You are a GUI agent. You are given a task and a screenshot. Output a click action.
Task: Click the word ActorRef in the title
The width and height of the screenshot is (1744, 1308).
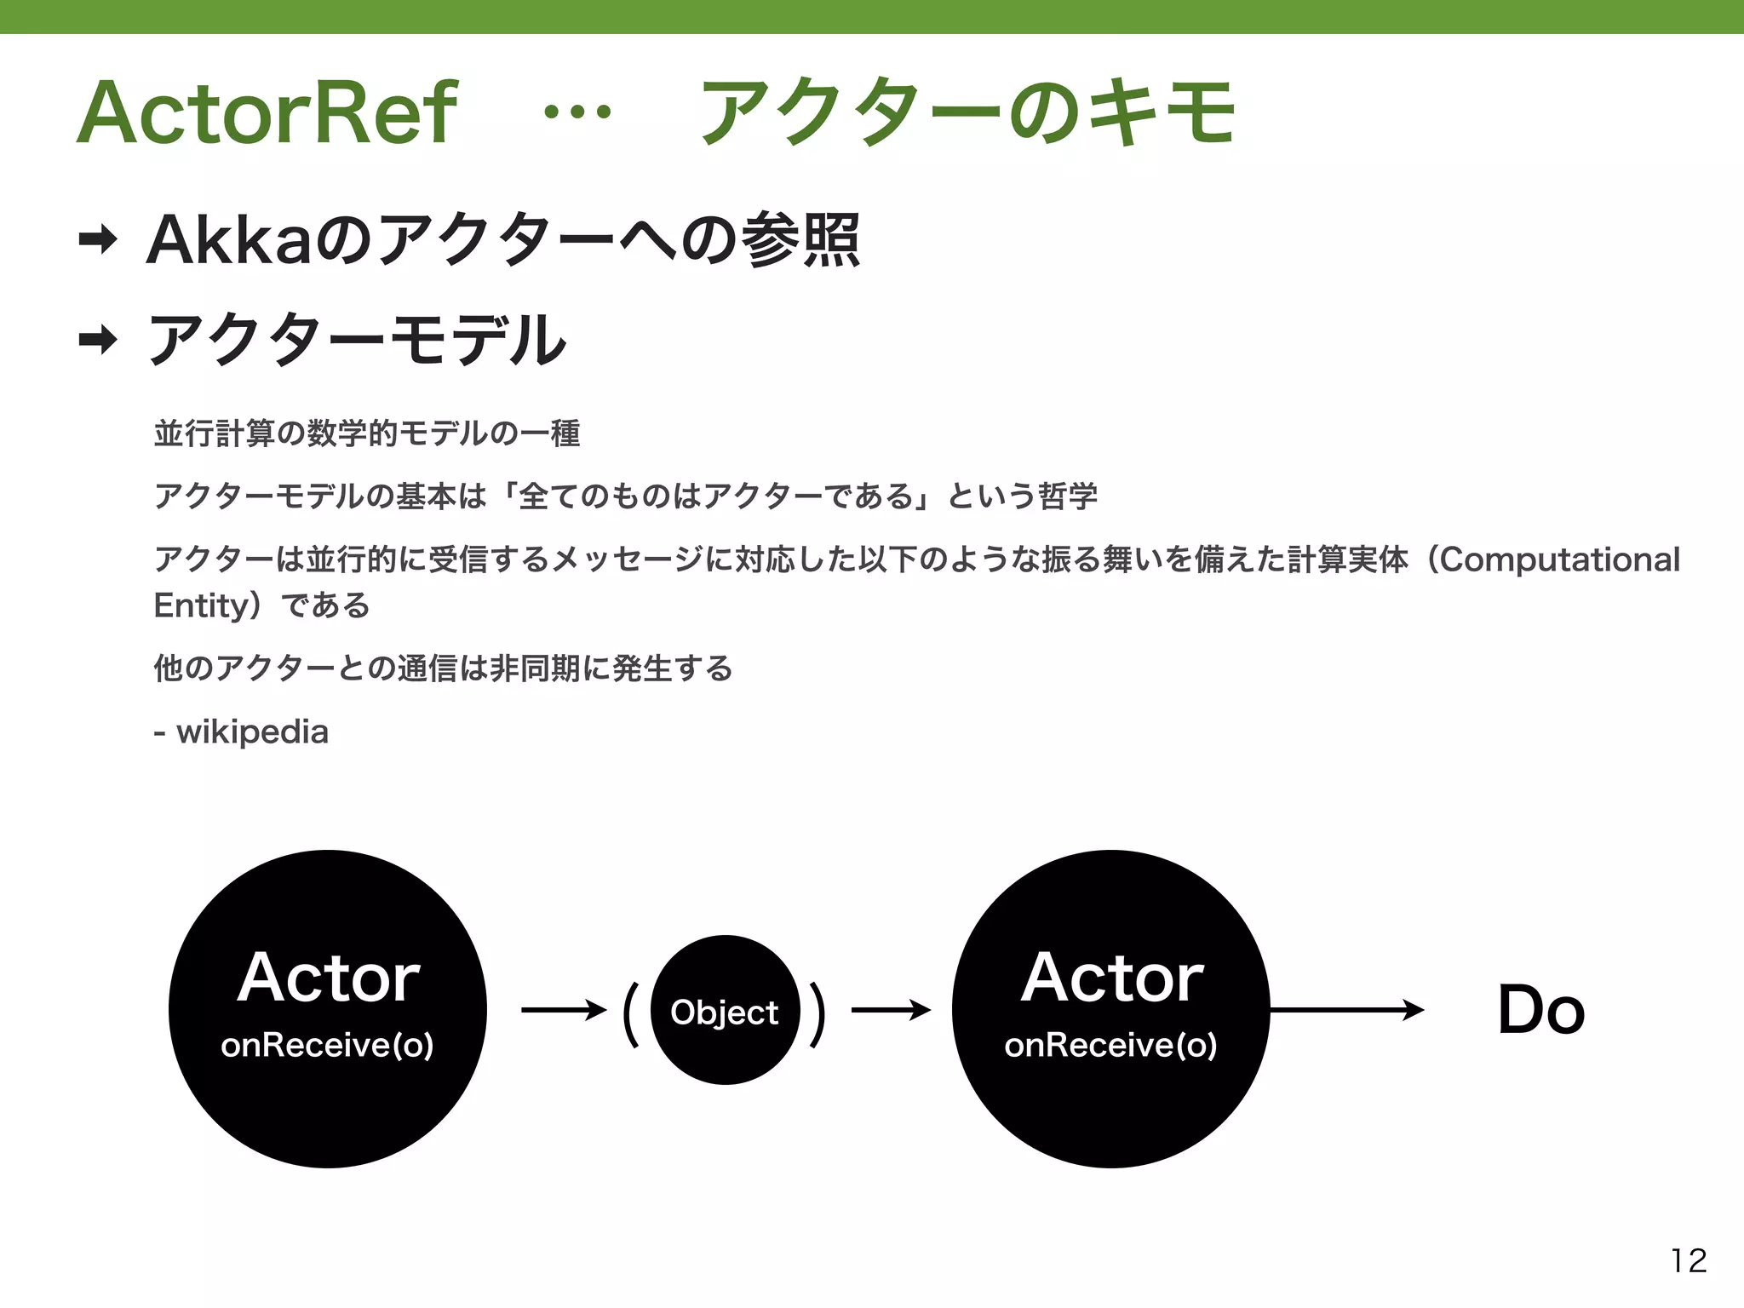click(267, 113)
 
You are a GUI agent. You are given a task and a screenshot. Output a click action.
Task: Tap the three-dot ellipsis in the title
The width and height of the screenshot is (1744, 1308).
click(577, 112)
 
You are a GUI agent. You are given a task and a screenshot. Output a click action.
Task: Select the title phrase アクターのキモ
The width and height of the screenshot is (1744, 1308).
click(967, 112)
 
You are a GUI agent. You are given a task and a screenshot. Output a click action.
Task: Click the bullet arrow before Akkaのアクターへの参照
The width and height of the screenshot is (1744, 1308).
click(98, 240)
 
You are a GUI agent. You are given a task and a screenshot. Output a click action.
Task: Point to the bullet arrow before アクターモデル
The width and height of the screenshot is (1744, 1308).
click(98, 341)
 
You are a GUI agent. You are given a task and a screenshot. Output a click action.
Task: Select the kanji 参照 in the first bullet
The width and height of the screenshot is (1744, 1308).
click(800, 240)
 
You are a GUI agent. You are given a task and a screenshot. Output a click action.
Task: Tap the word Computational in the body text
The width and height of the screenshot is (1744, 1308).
click(1560, 559)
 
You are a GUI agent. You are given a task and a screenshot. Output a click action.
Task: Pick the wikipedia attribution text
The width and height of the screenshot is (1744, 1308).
click(251, 731)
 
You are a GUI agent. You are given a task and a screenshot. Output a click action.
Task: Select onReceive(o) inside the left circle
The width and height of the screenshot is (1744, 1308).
click(328, 1045)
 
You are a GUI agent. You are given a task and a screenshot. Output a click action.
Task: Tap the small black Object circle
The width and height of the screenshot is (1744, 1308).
click(725, 1011)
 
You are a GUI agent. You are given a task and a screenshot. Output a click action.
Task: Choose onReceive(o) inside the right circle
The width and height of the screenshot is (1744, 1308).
click(1111, 1045)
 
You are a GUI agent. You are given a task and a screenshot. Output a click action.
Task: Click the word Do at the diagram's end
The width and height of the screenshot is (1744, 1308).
click(1541, 1010)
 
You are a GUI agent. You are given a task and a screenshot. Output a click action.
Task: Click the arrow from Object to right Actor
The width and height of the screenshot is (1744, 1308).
click(891, 1010)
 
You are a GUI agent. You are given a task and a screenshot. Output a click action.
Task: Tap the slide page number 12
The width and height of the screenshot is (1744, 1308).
click(1689, 1260)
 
